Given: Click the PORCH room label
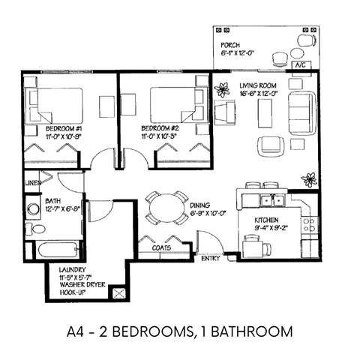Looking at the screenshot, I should click(230, 45).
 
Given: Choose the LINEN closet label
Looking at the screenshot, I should click(32, 182).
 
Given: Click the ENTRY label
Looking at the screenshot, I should click(211, 259).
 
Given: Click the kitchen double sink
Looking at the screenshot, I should click(271, 199).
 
